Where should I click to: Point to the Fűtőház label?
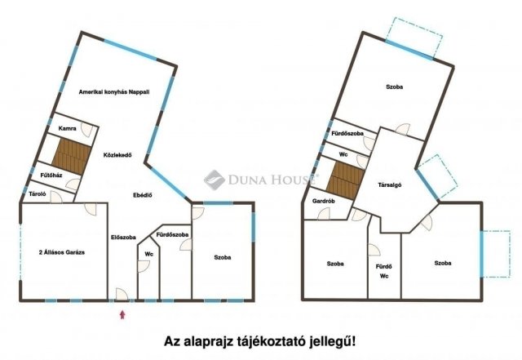click(52, 175)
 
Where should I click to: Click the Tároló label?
click(37, 195)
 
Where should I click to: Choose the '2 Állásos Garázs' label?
click(63, 253)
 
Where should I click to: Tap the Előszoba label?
click(123, 238)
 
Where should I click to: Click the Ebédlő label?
click(144, 196)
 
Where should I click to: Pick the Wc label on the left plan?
click(149, 254)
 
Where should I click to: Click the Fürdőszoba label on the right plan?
click(347, 133)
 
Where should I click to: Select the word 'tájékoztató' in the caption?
click(276, 341)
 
